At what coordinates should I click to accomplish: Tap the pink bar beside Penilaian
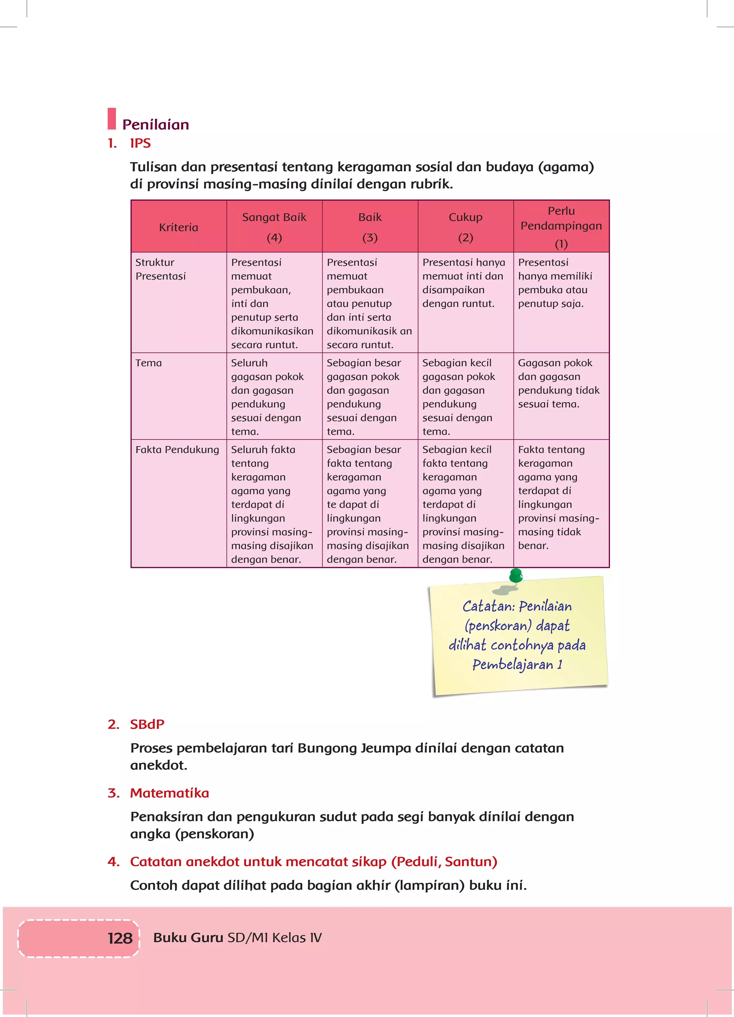click(x=111, y=118)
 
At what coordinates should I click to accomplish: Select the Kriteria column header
click(x=178, y=227)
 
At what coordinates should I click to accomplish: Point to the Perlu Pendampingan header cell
click(x=561, y=226)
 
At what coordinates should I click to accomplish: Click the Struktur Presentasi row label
click(x=161, y=269)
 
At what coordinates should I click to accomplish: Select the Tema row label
click(x=148, y=363)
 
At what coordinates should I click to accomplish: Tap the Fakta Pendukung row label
click(x=177, y=449)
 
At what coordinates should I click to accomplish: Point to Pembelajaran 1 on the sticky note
click(x=517, y=664)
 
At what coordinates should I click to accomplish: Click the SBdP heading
click(x=147, y=724)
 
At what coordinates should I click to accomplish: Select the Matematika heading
click(x=170, y=793)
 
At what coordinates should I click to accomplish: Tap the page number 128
click(x=120, y=938)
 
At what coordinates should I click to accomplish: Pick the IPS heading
click(x=140, y=143)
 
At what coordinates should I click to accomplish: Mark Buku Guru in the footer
click(x=188, y=937)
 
